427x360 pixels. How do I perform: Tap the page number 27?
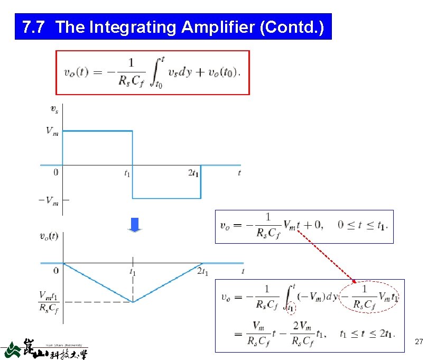coord(419,343)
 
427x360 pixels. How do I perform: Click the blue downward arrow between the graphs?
coord(136,225)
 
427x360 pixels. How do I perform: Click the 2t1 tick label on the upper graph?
coord(193,173)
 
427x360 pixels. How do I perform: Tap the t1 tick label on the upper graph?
coord(127,173)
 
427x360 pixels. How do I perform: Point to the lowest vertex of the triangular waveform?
coord(133,302)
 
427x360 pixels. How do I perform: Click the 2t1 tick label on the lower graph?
coord(202,272)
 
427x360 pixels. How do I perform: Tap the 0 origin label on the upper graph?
coord(55,172)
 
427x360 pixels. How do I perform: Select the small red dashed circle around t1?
coord(291,307)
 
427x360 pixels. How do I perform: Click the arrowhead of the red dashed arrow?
coord(355,282)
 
